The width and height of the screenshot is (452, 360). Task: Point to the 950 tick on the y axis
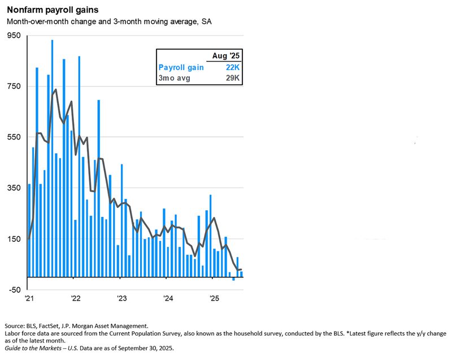point(14,36)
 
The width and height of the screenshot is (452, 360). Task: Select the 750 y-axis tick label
point(14,86)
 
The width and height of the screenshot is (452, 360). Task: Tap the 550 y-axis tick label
point(14,137)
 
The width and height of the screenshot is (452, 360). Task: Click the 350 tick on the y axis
point(14,188)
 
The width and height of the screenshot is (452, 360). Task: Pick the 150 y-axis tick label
point(14,239)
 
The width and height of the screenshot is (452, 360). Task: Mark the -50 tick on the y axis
point(14,290)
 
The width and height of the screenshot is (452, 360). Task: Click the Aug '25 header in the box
point(226,55)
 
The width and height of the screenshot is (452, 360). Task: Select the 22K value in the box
point(233,67)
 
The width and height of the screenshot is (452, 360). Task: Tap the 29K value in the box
point(233,78)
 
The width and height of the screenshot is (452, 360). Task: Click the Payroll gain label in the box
point(181,67)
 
